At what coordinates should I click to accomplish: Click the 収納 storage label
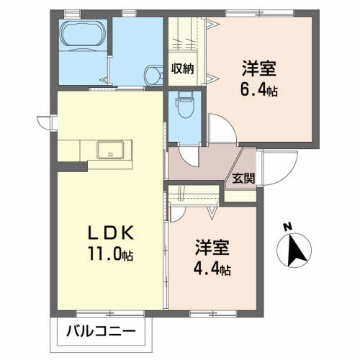tap(183, 69)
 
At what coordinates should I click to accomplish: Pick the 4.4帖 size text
tap(212, 270)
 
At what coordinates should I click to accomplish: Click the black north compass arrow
tap(295, 252)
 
